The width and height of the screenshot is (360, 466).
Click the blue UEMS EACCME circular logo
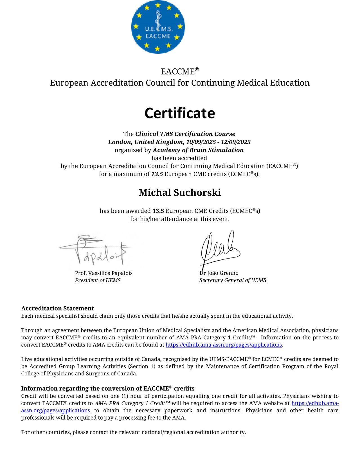[158, 27]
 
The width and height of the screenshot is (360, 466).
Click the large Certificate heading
[180, 113]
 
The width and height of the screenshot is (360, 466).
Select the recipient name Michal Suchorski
[180, 193]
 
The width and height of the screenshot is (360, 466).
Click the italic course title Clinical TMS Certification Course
[185, 134]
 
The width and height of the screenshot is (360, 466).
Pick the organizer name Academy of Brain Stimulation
[198, 150]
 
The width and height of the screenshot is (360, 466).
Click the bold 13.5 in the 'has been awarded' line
[158, 211]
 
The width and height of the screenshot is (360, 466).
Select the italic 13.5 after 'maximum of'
[157, 174]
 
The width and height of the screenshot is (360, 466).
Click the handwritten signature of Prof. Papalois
[96, 250]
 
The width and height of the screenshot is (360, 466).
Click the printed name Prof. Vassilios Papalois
[103, 273]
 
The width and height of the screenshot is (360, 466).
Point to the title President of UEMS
[98, 281]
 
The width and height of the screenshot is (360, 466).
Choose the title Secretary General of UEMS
[233, 280]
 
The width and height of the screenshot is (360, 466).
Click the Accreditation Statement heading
[57, 308]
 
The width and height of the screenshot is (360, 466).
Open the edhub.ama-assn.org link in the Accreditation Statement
[224, 345]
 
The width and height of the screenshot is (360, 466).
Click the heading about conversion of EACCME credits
[108, 389]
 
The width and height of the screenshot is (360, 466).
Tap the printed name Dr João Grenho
[219, 273]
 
